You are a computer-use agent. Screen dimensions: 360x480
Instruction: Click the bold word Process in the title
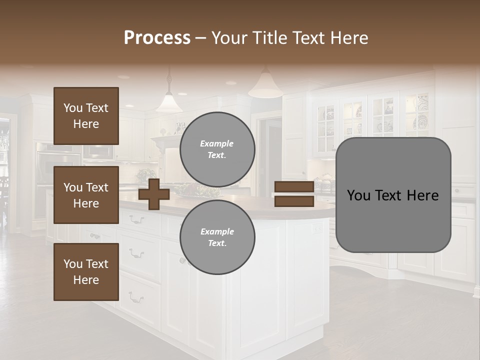157,38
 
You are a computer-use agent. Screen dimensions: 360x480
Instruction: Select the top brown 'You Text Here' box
86,116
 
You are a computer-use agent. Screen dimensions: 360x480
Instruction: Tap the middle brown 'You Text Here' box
86,195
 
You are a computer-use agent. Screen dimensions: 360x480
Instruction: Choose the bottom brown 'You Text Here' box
86,272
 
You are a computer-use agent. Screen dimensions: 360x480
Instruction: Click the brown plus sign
154,194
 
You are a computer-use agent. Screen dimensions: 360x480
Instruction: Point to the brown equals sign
294,194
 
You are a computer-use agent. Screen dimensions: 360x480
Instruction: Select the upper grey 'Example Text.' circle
217,149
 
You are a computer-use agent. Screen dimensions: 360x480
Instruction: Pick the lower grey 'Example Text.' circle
217,237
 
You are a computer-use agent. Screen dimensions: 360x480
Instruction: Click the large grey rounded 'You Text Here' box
393,195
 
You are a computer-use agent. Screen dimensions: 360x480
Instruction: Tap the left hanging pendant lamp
168,103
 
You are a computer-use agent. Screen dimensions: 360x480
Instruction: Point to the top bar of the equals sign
294,187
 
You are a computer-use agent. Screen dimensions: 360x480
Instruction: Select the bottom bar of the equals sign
294,201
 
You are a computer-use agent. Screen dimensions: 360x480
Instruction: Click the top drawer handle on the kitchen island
136,219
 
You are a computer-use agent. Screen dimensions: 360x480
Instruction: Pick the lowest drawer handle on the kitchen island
136,299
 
